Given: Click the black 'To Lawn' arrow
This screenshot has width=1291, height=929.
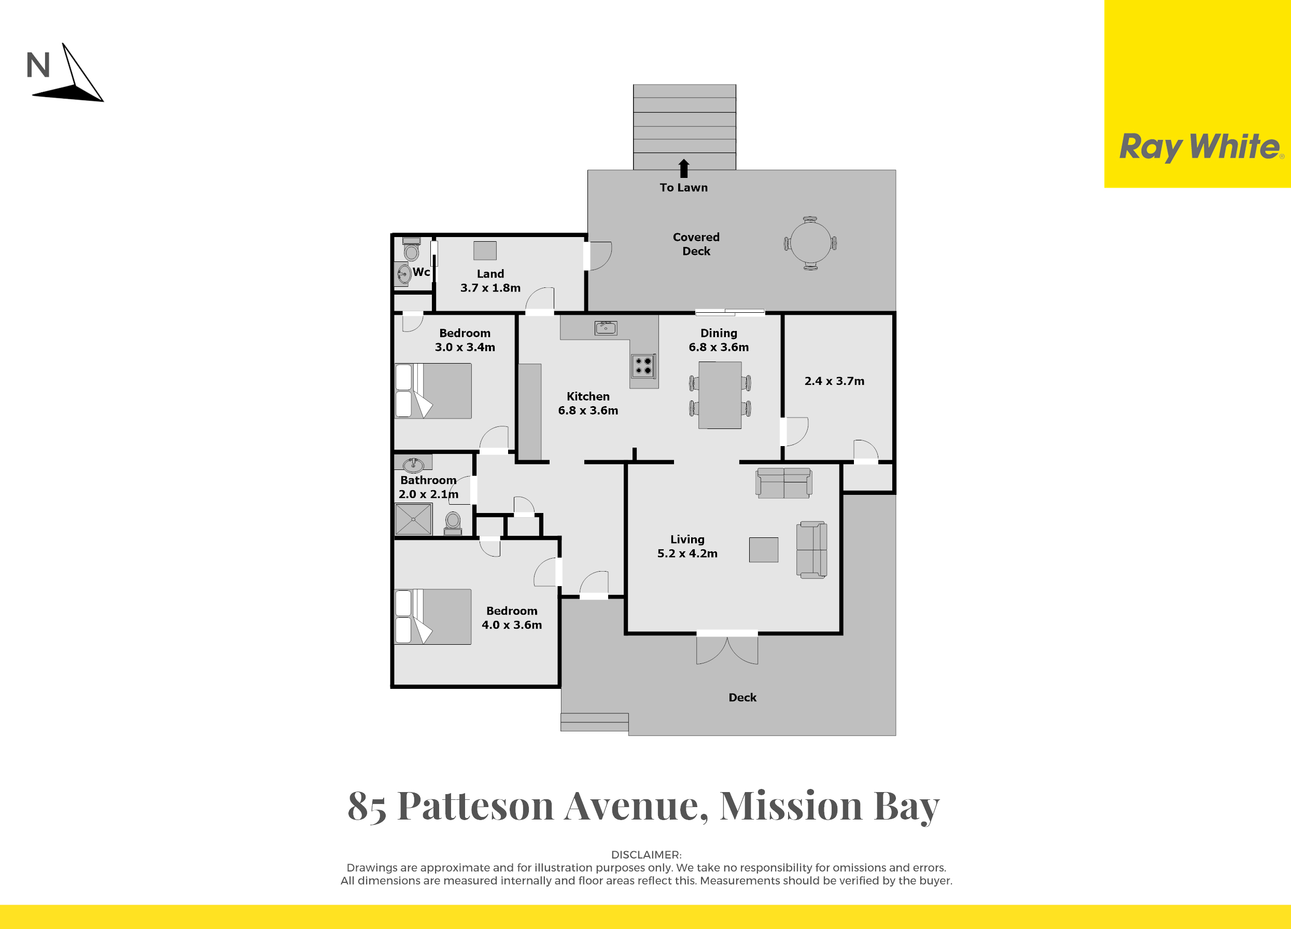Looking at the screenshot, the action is click(684, 168).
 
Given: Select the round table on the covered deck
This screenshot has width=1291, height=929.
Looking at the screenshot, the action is click(810, 243).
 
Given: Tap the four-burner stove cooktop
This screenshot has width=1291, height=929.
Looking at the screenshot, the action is click(643, 366).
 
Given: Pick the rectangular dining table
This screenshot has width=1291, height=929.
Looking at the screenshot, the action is click(720, 395).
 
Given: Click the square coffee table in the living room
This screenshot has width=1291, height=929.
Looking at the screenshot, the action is click(763, 550).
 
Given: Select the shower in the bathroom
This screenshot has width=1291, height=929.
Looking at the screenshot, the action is click(413, 519).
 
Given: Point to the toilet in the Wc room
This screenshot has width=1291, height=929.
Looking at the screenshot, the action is click(411, 249).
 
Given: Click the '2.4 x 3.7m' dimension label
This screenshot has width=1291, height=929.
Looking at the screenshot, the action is click(834, 381).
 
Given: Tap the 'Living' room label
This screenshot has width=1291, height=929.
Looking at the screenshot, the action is click(687, 539).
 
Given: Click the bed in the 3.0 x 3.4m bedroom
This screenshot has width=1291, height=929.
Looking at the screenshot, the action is click(433, 391).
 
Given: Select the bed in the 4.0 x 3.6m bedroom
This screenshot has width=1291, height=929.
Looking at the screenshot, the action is click(433, 616).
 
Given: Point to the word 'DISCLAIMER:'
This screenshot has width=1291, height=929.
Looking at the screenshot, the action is click(646, 854).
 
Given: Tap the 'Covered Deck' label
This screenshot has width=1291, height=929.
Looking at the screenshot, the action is click(696, 244).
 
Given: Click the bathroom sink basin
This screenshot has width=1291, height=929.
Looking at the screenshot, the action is click(413, 465).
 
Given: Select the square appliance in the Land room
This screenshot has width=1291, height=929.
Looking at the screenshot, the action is click(485, 251).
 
